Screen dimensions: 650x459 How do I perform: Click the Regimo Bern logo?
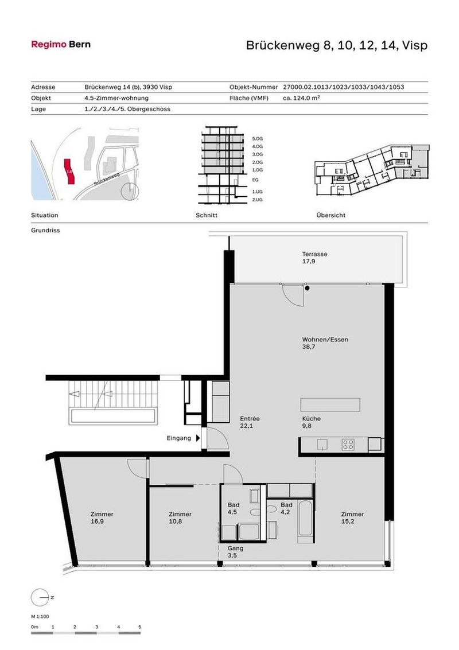(x=60, y=44)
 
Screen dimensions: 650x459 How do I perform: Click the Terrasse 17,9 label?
(x=314, y=258)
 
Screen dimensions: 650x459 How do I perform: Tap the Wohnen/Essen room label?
(x=325, y=343)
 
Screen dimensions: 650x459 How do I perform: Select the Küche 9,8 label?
(x=311, y=422)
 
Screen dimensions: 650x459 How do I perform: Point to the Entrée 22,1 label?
(x=250, y=422)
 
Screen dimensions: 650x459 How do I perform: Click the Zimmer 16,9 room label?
(x=102, y=518)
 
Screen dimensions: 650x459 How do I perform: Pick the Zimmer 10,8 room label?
(x=180, y=518)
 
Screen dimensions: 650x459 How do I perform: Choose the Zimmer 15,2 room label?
(x=352, y=518)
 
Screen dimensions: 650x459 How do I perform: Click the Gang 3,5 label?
(x=235, y=552)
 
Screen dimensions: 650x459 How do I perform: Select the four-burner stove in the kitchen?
(x=348, y=443)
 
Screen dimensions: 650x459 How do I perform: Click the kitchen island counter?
(x=330, y=404)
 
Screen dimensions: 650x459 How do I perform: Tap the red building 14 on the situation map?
(x=69, y=172)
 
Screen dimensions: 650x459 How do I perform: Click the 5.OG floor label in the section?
(x=256, y=139)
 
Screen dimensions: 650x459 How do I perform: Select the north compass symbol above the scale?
(x=39, y=597)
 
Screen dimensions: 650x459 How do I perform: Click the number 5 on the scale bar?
(x=139, y=626)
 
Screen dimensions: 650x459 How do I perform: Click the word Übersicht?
(x=330, y=216)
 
